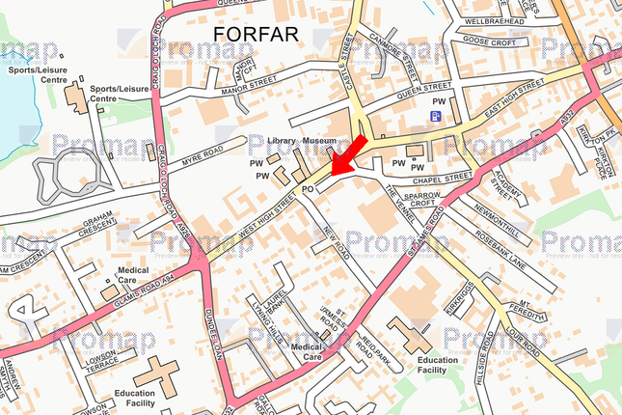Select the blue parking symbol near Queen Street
click(436, 117)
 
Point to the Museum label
click(319, 141)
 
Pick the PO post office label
click(309, 190)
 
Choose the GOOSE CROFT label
click(490, 41)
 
